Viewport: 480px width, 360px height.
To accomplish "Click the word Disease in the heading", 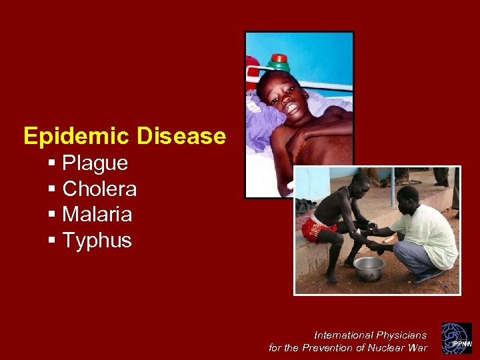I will coord(181,137).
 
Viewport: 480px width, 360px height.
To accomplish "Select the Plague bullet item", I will coord(95,163).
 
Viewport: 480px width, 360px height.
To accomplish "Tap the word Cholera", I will coord(99,189).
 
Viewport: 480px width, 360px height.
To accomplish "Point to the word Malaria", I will coord(97,215).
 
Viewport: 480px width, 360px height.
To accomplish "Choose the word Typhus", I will coord(97,241).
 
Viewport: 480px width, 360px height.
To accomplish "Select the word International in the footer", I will coord(344,335).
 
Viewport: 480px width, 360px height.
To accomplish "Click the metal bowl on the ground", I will coord(369,268).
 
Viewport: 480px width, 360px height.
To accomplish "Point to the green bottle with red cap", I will coord(278,65).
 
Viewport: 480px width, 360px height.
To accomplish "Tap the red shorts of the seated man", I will coord(317,229).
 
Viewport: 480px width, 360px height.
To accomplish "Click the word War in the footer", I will coord(418,347).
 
